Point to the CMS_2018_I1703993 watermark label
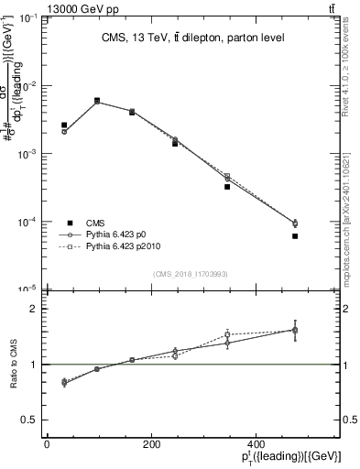pyautogui.click(x=191, y=274)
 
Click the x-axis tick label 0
pyautogui.click(x=47, y=444)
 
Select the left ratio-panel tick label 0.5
pyautogui.click(x=32, y=420)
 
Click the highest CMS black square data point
pyautogui.click(x=97, y=101)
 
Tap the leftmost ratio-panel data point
pyautogui.click(x=64, y=382)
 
